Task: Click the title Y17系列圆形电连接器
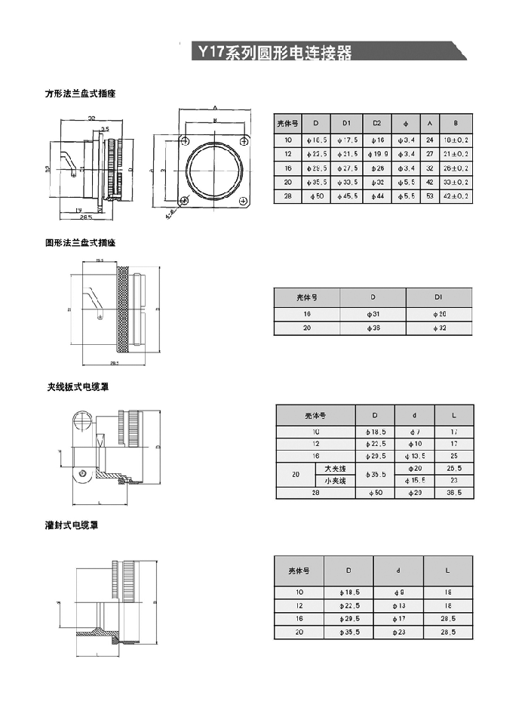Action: tap(275, 53)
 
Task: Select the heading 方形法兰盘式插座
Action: tap(80, 94)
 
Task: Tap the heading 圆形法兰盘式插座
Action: tap(80, 243)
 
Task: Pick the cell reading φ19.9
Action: tap(377, 154)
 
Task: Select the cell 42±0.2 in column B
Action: tap(456, 195)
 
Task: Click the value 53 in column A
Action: tap(429, 195)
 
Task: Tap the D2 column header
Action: tap(377, 123)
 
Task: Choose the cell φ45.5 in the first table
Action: tap(347, 195)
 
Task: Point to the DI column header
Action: tap(439, 297)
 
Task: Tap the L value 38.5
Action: tap(454, 492)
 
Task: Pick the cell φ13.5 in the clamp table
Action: tap(415, 456)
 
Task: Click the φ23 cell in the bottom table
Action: tap(399, 632)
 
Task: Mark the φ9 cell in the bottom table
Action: tap(399, 593)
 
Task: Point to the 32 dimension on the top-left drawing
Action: tap(91, 118)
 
